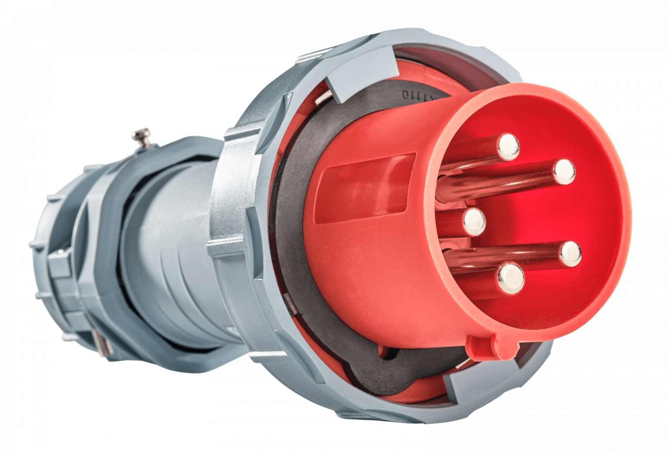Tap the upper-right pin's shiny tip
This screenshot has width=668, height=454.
564,171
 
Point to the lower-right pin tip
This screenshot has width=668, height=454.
570,253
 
